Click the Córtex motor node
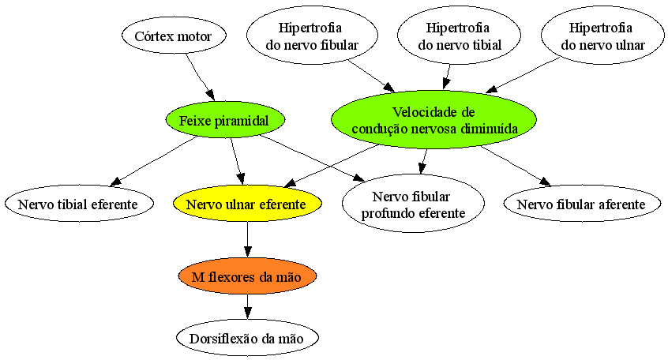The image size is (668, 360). pyautogui.click(x=174, y=36)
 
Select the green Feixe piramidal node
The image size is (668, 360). pyautogui.click(x=225, y=120)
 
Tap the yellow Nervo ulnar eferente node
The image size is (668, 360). pyautogui.click(x=247, y=204)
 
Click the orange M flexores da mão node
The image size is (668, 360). pyautogui.click(x=247, y=276)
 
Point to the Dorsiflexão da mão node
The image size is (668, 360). pyautogui.click(x=247, y=338)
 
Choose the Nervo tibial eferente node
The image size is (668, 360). pyautogui.click(x=79, y=204)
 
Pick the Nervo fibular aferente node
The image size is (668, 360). pyautogui.click(x=581, y=204)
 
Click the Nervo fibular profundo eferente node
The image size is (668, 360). pyautogui.click(x=413, y=204)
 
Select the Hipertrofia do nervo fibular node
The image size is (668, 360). pyautogui.click(x=312, y=36)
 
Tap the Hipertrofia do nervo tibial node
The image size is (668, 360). pyautogui.click(x=460, y=36)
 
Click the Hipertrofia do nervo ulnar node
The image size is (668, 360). pyautogui.click(x=602, y=36)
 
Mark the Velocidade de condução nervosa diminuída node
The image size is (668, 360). pyautogui.click(x=433, y=120)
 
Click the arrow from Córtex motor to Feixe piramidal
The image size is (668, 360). pyautogui.click(x=200, y=77)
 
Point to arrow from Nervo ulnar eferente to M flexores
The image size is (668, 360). pyautogui.click(x=247, y=240)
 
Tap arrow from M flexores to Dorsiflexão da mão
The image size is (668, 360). pyautogui.click(x=247, y=306)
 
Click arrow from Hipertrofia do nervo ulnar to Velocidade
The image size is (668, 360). pyautogui.click(x=523, y=75)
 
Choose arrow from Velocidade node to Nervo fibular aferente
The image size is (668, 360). pyautogui.click(x=516, y=166)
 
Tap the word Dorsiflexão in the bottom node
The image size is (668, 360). pyautogui.click(x=219, y=339)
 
